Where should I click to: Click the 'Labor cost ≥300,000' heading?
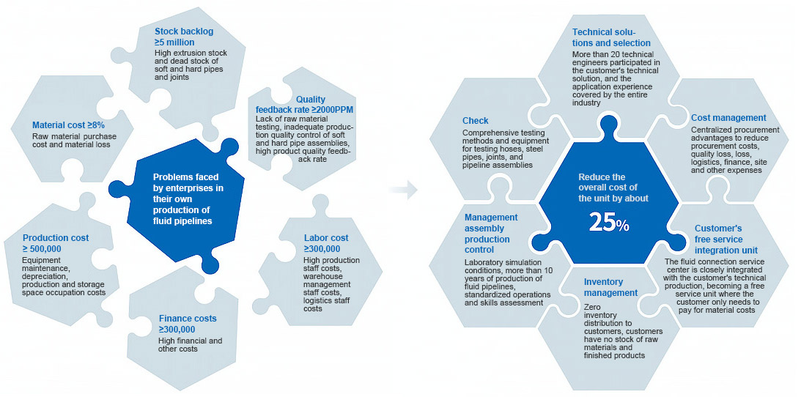pos(325,243)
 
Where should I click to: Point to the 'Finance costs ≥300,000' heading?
pos(187,324)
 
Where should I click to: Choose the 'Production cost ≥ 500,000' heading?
pos(56,243)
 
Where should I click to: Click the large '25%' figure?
pos(608,224)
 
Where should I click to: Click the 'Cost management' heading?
pos(728,117)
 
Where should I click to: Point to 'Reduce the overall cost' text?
pos(613,188)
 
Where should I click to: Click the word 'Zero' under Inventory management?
pos(592,307)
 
